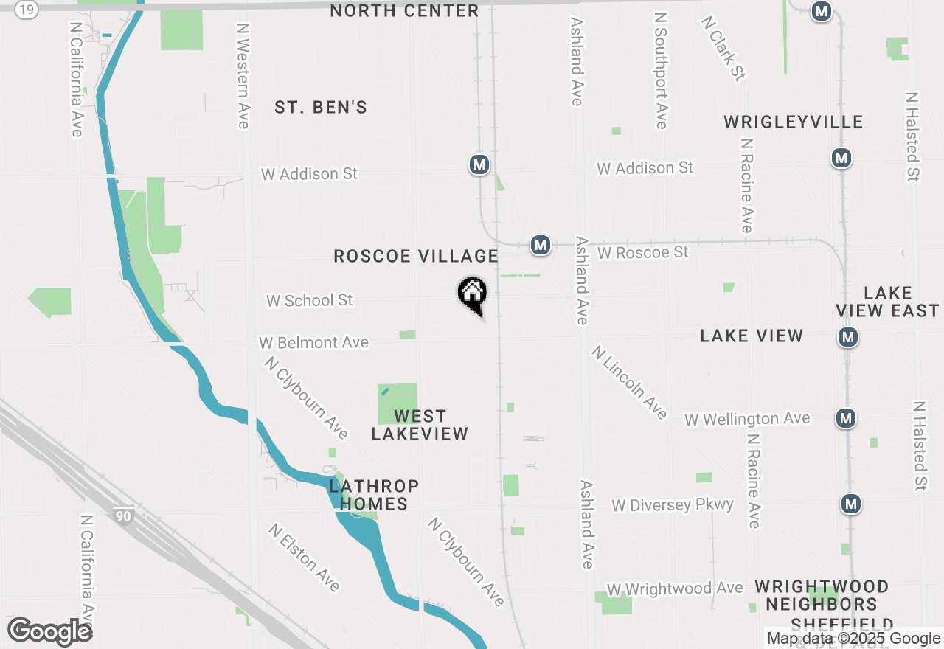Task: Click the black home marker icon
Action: click(x=472, y=294)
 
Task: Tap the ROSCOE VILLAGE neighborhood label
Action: click(x=416, y=257)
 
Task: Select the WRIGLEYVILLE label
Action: click(x=793, y=122)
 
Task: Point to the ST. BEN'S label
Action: click(x=321, y=108)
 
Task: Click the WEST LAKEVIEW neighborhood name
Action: click(x=420, y=426)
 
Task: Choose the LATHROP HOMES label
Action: click(x=374, y=495)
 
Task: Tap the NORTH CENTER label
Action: click(x=404, y=11)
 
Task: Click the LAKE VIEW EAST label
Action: click(x=888, y=302)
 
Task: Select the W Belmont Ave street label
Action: click(x=313, y=343)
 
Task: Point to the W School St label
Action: click(x=310, y=301)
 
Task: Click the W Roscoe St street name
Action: click(x=643, y=253)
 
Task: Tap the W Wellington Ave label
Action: click(x=747, y=420)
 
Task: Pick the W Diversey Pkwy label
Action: click(x=673, y=505)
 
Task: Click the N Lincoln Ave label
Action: click(x=629, y=383)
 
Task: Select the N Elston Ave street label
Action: click(x=305, y=558)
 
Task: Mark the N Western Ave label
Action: click(x=243, y=75)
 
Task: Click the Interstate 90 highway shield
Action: click(x=123, y=516)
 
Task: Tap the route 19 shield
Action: click(x=27, y=10)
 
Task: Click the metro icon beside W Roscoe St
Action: click(x=541, y=245)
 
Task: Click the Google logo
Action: click(x=49, y=632)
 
